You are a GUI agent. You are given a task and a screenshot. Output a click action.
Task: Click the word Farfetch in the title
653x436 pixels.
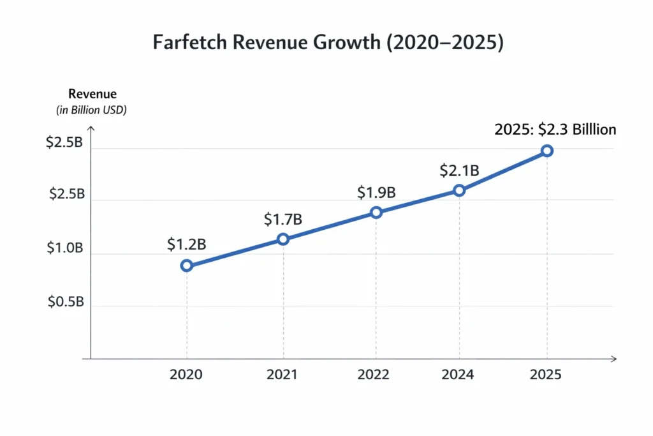click(186, 43)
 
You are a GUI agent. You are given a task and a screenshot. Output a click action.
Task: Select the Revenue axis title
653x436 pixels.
click(92, 94)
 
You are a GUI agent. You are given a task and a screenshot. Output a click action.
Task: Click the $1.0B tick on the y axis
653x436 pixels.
click(64, 248)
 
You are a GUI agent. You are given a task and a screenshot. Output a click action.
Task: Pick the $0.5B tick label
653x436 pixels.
click(66, 303)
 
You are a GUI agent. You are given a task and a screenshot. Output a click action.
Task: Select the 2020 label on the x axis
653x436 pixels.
click(186, 375)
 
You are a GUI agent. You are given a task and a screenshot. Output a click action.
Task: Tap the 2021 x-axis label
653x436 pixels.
click(282, 375)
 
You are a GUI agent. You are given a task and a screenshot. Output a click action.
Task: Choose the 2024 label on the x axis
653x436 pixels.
click(459, 375)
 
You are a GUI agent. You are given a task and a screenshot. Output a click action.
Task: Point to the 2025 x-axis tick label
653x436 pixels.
click(546, 375)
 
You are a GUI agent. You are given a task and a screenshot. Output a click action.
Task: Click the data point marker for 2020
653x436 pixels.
click(186, 266)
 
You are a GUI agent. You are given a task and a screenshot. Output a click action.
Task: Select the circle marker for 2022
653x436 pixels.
click(376, 212)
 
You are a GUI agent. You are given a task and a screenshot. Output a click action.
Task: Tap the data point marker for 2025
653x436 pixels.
click(547, 151)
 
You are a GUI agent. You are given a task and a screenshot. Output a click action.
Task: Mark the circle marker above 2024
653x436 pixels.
click(459, 190)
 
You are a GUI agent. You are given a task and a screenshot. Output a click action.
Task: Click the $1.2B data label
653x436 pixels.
click(186, 244)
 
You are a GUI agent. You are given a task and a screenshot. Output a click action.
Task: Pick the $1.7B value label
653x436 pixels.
click(282, 220)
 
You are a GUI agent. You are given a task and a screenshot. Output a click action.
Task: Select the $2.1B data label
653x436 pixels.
click(459, 170)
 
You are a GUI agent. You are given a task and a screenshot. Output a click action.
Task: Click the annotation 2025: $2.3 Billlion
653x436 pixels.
click(555, 130)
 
